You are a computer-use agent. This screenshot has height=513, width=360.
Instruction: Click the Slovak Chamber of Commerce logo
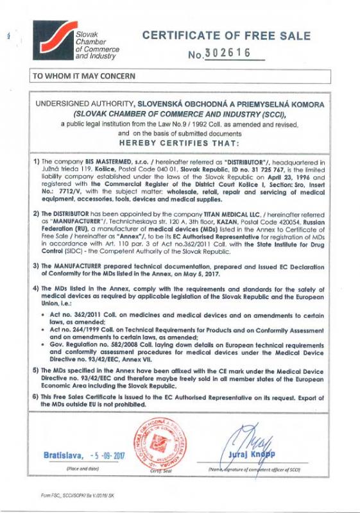tap(51, 40)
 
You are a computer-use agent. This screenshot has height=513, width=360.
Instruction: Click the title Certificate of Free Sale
tap(226, 36)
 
